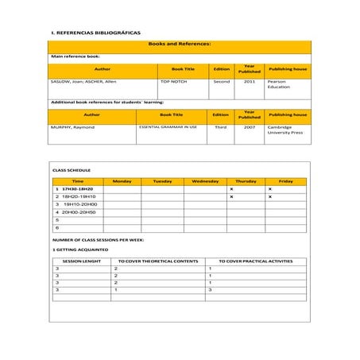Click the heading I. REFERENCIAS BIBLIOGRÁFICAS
[95, 33]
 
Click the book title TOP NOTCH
[173, 81]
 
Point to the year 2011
[250, 81]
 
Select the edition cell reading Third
[221, 126]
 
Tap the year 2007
[250, 126]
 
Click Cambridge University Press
[285, 130]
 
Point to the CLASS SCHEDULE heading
[72, 170]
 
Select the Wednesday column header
[205, 181]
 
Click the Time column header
[78, 181]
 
